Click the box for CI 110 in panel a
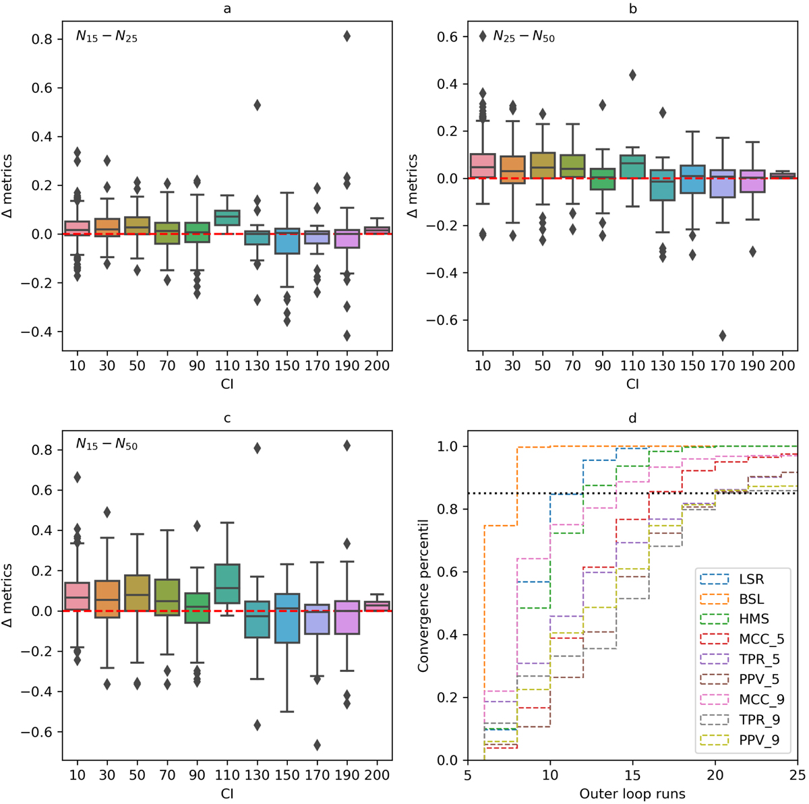(x=227, y=218)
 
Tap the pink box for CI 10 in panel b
(x=483, y=165)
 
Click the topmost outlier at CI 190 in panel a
(x=347, y=36)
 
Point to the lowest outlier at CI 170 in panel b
(x=723, y=336)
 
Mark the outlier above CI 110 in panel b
(x=632, y=75)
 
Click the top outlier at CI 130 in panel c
(x=257, y=448)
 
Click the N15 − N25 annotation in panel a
(x=107, y=38)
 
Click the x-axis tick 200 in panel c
(x=377, y=775)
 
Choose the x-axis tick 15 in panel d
(x=632, y=775)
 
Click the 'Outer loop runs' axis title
(x=632, y=794)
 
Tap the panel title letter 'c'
(x=227, y=418)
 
